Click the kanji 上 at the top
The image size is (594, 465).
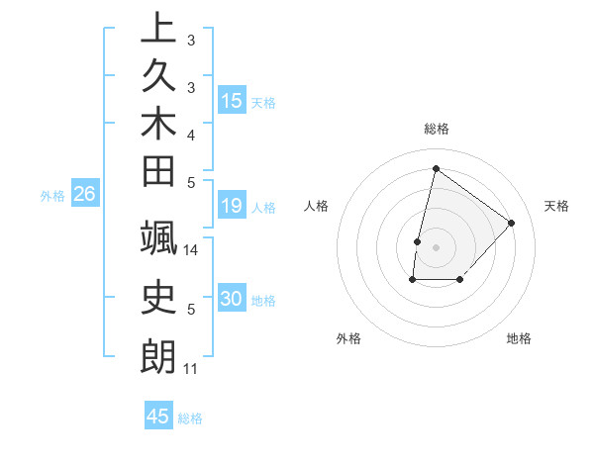point(158,28)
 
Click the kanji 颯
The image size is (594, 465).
point(158,240)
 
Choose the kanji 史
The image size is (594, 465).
point(158,298)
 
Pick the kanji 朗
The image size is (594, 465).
point(158,356)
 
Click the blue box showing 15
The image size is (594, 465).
point(232,100)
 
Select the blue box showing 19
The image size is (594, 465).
point(232,206)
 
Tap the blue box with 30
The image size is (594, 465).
point(232,299)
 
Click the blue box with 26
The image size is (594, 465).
point(84,194)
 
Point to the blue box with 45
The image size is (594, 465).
point(158,417)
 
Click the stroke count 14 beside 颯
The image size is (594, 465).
point(191,250)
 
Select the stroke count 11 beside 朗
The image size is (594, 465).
point(191,369)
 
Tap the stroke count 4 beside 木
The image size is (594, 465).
point(191,134)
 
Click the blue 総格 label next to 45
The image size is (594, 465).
point(190,418)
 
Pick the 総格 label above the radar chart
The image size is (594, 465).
point(436,129)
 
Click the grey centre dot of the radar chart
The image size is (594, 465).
point(436,247)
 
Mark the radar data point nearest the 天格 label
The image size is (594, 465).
point(511,223)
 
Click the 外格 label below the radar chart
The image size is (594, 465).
point(348,338)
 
